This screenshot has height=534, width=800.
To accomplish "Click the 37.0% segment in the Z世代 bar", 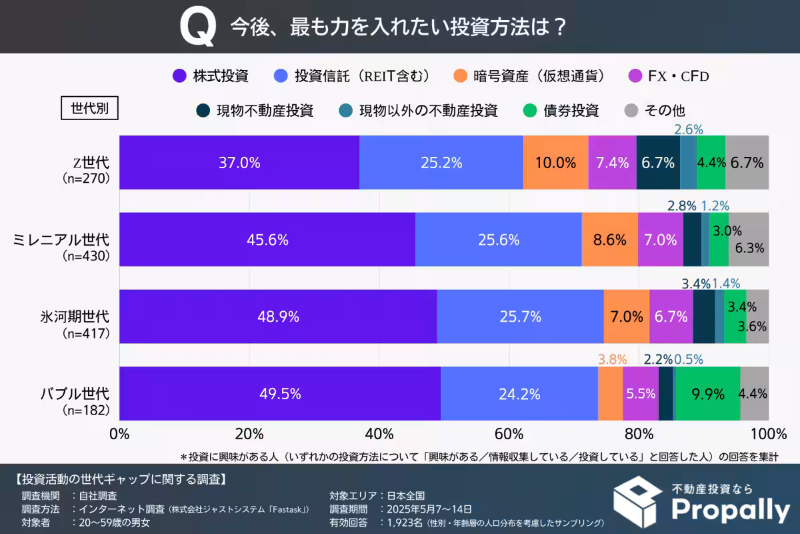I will [239, 163].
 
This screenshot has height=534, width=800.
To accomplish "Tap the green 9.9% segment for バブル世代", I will [707, 394].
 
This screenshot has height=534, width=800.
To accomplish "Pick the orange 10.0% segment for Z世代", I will [556, 163].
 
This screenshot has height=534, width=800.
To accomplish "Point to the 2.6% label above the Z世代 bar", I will [688, 129].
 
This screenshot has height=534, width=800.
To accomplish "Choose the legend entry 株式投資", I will [211, 75].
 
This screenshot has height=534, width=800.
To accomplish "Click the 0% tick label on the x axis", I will [119, 434].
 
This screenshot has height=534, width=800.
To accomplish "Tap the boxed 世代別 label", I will [89, 108].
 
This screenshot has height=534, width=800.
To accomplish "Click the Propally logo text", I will [729, 510].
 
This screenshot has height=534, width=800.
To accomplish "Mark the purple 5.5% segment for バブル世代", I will [641, 394].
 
